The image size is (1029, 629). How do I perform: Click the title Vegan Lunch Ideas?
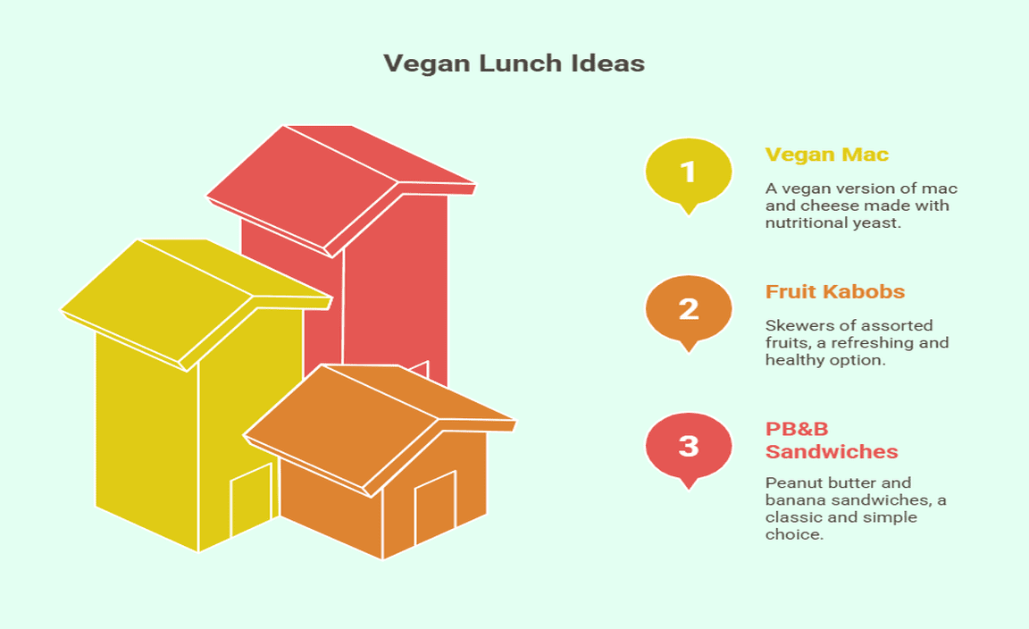coord(514,63)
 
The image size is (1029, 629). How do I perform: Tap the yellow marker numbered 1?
coord(689,173)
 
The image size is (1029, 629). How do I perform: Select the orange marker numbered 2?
coord(689,311)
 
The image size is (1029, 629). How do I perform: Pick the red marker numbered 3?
coord(689,448)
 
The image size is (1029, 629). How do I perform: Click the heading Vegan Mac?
coord(827,155)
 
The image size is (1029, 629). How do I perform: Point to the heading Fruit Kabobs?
coord(835,291)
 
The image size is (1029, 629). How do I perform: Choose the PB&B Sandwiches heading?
coord(832,440)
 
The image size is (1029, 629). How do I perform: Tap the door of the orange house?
coord(435,507)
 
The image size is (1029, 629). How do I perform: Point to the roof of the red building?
coord(340,189)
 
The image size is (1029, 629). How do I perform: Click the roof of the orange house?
coord(380,429)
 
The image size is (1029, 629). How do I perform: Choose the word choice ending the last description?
coord(794,533)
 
